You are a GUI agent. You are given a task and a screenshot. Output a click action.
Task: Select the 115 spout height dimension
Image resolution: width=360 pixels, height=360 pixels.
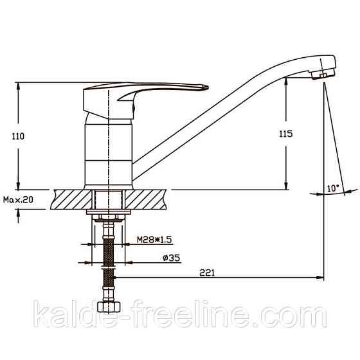(286, 134)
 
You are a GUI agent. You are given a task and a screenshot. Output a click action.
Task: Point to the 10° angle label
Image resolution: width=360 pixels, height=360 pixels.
(332, 188)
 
